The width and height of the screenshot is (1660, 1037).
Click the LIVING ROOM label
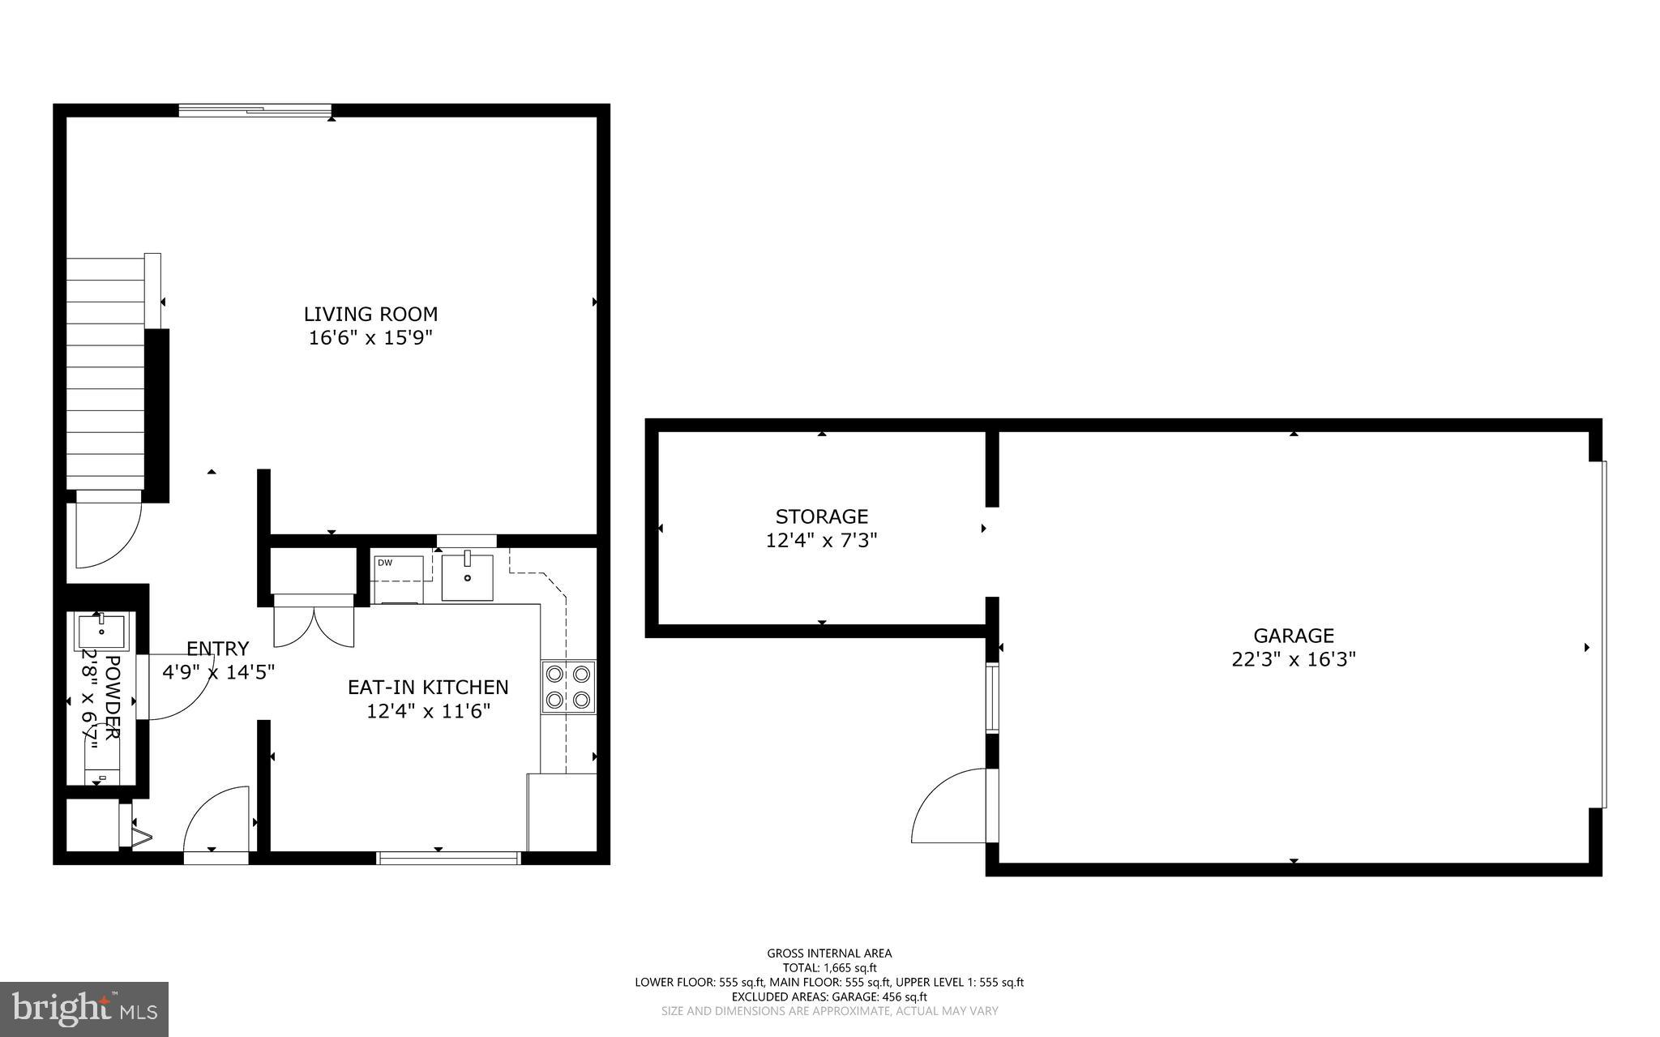coord(370,314)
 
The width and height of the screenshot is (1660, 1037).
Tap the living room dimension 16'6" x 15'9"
coord(370,338)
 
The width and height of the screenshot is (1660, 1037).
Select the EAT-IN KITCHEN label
coord(428,687)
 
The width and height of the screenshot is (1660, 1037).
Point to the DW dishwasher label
coord(384,563)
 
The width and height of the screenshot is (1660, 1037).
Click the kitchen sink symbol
coord(467,576)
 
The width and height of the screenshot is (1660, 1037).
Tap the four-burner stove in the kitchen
coord(568,687)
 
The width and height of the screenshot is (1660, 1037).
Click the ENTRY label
coord(217,649)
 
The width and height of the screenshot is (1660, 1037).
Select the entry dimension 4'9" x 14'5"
coord(219,672)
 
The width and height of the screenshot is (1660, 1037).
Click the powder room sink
coord(101,629)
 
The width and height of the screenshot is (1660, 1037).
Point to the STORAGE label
coord(821,516)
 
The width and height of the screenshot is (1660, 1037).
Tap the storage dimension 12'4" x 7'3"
coord(821,540)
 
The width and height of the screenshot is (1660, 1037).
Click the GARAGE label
coord(1293,636)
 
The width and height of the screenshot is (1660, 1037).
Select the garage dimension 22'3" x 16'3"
coord(1293,659)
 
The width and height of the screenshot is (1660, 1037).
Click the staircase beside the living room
coord(105,373)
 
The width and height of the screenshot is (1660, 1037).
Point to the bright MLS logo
coord(84,1009)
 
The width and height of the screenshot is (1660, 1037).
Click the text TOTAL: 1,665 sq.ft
coord(829,967)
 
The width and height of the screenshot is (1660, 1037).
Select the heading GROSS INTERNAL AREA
coord(829,953)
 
